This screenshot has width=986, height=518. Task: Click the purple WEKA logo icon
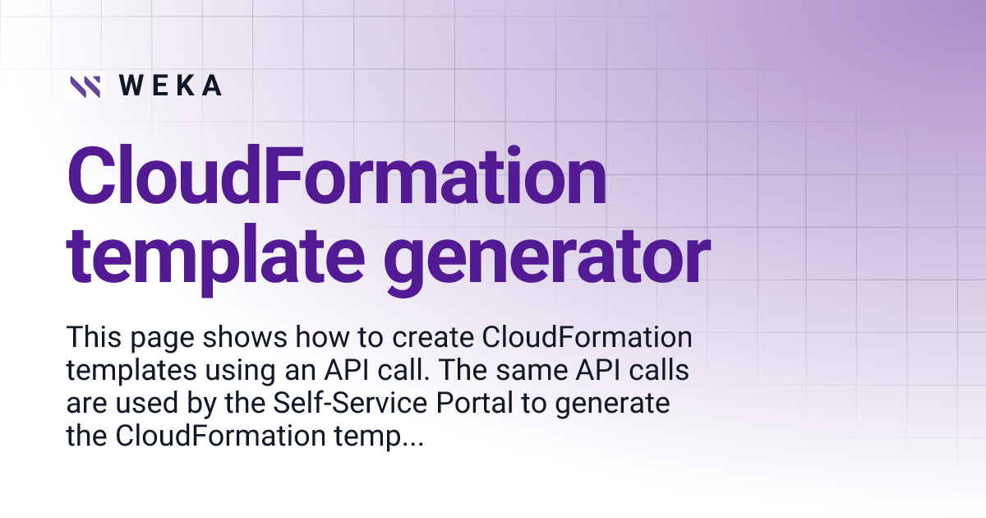coord(85,86)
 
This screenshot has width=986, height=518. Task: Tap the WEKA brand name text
coord(170,86)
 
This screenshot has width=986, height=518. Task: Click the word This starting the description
coord(92,338)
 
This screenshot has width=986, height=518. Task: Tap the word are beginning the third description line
coord(85,405)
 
